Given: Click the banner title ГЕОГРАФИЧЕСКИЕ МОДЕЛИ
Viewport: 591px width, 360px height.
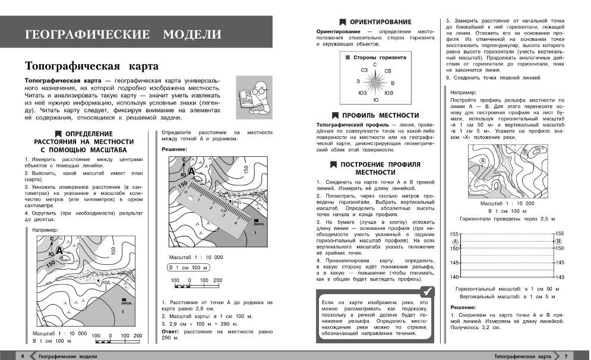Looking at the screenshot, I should click(124, 34).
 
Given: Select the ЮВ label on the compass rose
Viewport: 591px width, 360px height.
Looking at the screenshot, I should click(388, 93).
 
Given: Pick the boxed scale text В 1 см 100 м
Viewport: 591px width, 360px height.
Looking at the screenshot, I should click(187, 267).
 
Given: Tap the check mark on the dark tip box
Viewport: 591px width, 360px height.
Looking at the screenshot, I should click(426, 291).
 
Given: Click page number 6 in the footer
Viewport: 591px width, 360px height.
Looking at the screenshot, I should click(23, 356).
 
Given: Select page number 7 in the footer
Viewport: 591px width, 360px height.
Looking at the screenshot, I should click(566, 356).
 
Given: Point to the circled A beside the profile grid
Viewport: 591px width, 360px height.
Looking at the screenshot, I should click(456, 242).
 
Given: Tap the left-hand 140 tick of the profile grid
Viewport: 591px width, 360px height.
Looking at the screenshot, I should click(454, 277).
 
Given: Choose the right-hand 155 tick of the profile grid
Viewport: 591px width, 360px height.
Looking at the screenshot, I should click(558, 235).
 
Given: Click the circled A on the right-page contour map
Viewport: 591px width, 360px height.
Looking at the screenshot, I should click(482, 160).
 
